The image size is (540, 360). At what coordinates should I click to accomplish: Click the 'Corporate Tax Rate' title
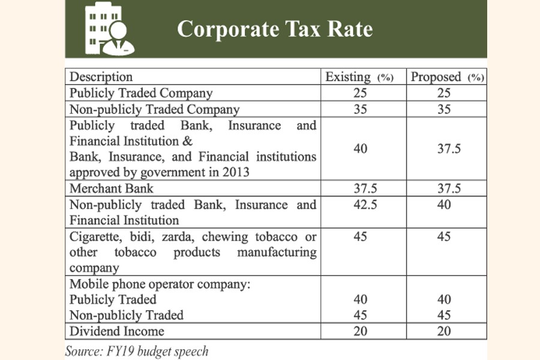point(274,29)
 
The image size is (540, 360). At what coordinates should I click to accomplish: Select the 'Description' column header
point(101,77)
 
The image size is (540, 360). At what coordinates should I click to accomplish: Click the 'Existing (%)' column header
point(359,77)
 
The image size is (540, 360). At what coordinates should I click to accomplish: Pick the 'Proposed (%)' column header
point(447,77)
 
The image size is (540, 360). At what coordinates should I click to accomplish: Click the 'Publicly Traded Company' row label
point(141,93)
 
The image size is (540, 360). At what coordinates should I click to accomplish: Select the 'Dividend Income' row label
point(117,331)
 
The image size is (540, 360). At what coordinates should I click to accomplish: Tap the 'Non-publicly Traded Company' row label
point(154,109)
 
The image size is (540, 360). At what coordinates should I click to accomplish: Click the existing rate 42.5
point(358,205)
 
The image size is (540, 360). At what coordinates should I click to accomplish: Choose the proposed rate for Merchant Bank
point(448,188)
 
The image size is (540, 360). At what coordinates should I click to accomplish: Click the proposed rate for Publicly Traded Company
point(448,93)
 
